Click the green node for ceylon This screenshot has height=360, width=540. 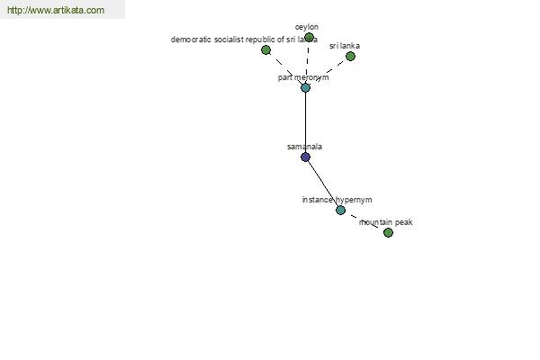click(309, 37)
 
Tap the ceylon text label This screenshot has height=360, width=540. click(307, 27)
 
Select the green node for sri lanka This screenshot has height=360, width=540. click(350, 56)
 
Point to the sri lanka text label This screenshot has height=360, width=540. click(345, 46)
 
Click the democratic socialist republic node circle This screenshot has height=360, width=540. click(265, 50)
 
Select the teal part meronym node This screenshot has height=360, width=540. click(305, 87)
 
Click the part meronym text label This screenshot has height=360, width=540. click(303, 77)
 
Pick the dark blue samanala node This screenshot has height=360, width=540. click(305, 157)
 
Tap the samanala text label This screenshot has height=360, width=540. click(304, 147)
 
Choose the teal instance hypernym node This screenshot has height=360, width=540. click(340, 210)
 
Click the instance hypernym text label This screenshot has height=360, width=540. click(337, 200)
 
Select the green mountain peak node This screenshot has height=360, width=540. click(388, 232)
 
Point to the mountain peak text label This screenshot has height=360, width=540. click(386, 222)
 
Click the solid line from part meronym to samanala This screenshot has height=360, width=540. click(305, 122)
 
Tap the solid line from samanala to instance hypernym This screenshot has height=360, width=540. click(323, 184)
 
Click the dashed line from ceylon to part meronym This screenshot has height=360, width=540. click(307, 62)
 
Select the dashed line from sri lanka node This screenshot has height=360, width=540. click(328, 72)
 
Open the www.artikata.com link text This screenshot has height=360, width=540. click(56, 10)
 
